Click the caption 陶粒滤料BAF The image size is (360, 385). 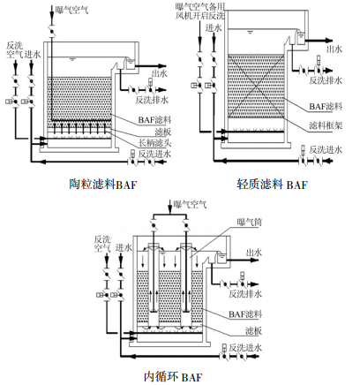(x=103, y=185)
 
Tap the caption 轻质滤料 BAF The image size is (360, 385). (x=272, y=185)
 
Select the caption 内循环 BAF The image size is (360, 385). (x=173, y=376)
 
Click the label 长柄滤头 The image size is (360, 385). (x=155, y=143)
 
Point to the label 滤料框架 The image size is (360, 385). (x=326, y=125)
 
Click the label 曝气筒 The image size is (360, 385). (x=250, y=222)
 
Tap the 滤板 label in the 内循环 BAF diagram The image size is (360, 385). (x=253, y=331)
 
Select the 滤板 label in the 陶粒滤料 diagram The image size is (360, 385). (x=163, y=132)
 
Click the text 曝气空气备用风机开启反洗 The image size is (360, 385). (x=200, y=11)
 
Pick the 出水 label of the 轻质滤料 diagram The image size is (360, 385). (x=334, y=49)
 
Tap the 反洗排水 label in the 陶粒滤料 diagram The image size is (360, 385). (x=152, y=100)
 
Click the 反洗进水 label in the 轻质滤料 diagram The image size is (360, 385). (x=326, y=149)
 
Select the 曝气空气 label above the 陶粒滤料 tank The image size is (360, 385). (x=72, y=10)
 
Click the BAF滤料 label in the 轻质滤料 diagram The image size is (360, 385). (x=326, y=106)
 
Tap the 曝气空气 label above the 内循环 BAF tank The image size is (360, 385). (x=191, y=204)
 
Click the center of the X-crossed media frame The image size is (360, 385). (x=256, y=87)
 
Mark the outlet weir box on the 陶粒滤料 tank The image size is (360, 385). (x=130, y=64)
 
